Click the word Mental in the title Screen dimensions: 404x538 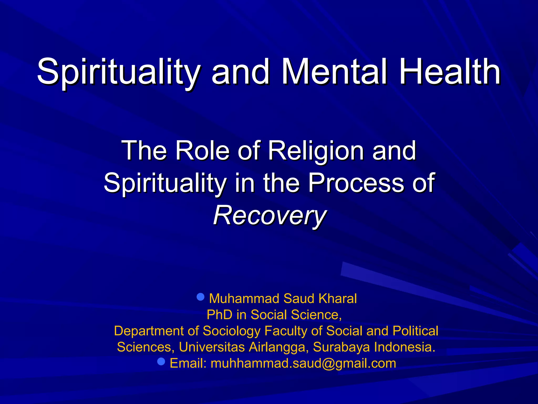[334, 72]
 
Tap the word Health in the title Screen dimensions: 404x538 [450, 72]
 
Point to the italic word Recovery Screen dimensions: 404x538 [270, 216]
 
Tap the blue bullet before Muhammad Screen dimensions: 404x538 [200, 297]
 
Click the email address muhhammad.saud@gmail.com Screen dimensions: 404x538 [303, 363]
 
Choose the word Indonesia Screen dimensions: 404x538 [405, 347]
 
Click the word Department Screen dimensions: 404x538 [149, 331]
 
